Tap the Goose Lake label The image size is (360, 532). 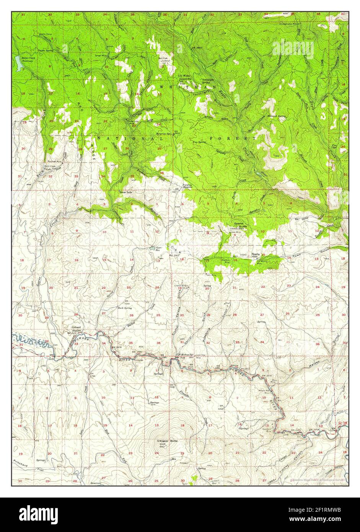pyautogui.click(x=125, y=192)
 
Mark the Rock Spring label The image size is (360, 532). pyautogui.click(x=125, y=308)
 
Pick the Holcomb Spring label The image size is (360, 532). pyautogui.click(x=277, y=116)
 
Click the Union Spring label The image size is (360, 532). pyautogui.click(x=45, y=51)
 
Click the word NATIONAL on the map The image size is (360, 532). pyautogui.click(x=130, y=138)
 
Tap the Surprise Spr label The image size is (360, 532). pyautogui.click(x=163, y=134)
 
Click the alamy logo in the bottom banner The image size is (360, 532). pyautogui.click(x=38, y=513)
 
